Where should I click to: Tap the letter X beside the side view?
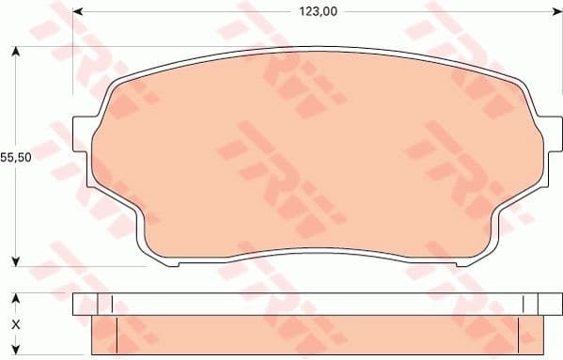point(15,324)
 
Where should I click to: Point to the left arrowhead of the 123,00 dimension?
point(78,12)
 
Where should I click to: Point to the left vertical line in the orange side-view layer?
point(117,337)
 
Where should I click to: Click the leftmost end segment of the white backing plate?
point(92,304)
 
